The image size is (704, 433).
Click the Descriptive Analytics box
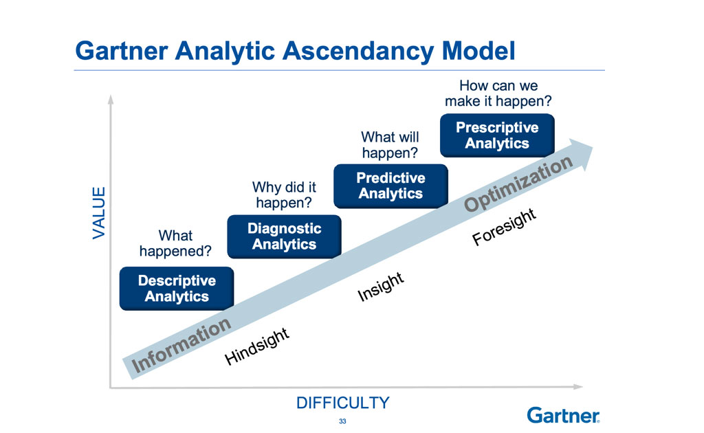tap(177, 289)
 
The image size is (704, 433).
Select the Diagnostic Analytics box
tap(284, 236)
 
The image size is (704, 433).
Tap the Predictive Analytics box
tap(390, 186)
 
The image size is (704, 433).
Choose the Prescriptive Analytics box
tap(496, 135)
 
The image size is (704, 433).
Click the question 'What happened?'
tap(175, 243)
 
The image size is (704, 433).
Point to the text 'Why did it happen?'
tap(284, 195)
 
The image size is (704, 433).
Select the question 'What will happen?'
tap(390, 144)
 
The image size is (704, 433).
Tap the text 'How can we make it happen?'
tap(498, 93)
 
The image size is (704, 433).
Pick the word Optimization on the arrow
tap(518, 184)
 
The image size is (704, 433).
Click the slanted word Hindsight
tap(257, 347)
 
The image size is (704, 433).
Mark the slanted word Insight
tap(380, 286)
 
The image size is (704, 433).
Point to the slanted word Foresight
tap(503, 227)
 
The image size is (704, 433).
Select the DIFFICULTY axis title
tap(342, 403)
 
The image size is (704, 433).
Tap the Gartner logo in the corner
tap(563, 414)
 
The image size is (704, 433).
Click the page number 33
tap(342, 421)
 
